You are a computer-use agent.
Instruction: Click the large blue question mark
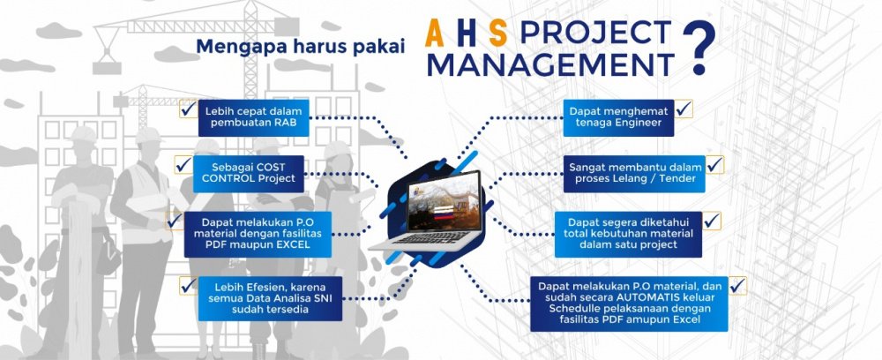coord(699,48)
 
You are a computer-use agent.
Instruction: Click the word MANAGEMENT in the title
coord(549,65)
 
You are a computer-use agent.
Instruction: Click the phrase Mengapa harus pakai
coord(301,48)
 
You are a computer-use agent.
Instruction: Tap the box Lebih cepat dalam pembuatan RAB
coord(254,117)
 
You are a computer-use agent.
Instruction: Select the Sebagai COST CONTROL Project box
coord(249,174)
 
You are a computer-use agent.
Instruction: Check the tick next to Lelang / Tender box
coord(715,164)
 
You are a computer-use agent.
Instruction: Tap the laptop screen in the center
coord(444,201)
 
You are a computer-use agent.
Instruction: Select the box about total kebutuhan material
coord(628,234)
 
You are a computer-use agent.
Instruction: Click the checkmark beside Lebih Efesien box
coord(189,285)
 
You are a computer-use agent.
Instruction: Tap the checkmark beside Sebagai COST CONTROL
coord(183,164)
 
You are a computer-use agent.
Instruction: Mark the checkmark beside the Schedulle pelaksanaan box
coord(736,285)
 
